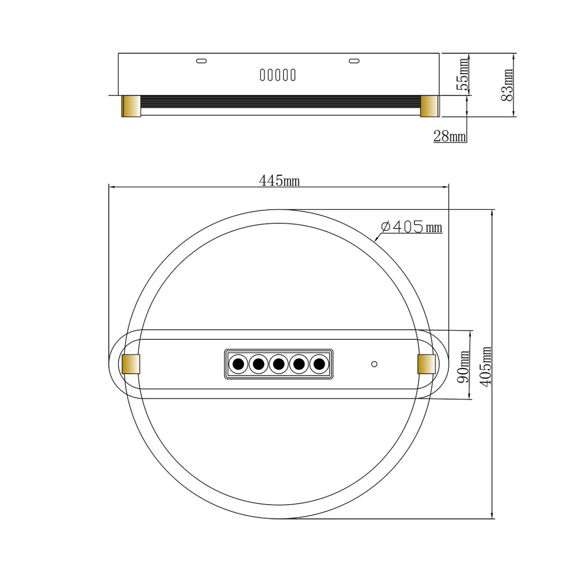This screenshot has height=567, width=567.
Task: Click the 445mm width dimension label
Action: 279,180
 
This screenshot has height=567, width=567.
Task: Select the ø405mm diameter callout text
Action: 411,227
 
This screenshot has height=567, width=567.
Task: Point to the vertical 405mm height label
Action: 485,366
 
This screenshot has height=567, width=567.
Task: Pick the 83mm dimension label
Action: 507,85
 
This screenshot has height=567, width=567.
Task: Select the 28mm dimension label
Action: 449,137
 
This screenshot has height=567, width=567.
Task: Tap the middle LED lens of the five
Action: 279,364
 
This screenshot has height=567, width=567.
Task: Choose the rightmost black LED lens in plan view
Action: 320,364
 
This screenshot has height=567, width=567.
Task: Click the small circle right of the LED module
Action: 374,364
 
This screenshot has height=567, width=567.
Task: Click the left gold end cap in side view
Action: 131,106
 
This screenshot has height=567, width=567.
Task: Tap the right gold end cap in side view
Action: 430,106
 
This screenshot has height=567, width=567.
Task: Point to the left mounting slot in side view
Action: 201,60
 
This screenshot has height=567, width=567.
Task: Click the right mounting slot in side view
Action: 354,60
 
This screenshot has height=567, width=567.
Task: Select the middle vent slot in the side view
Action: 278,75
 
